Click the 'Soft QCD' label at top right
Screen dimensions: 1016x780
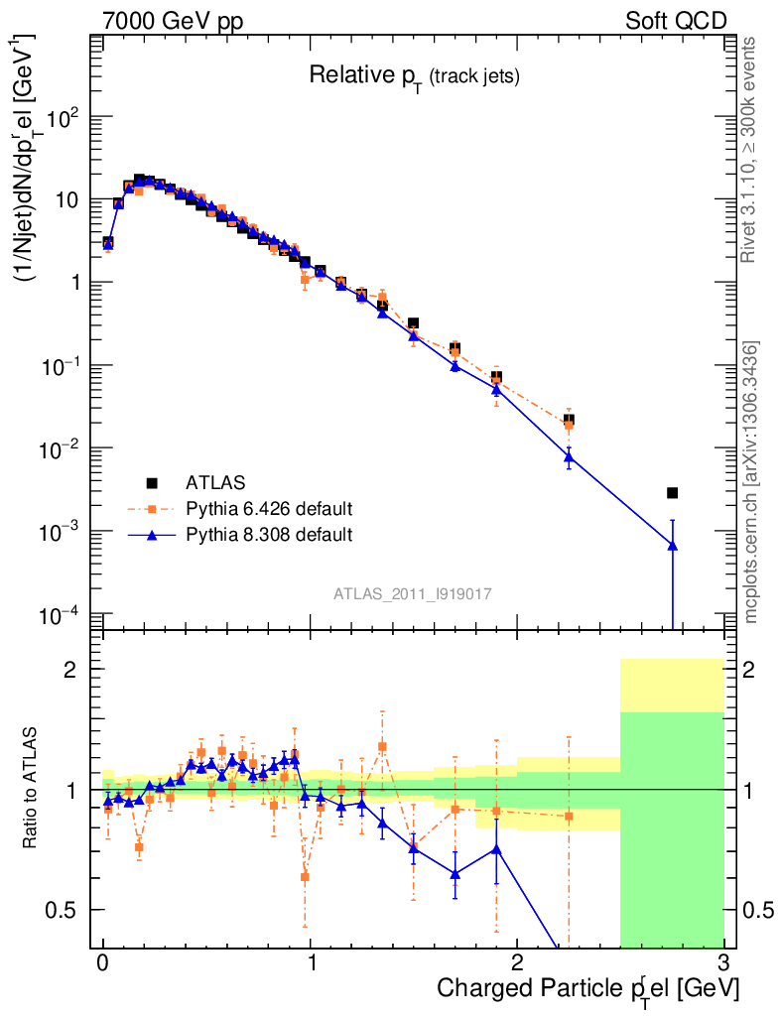pyautogui.click(x=676, y=21)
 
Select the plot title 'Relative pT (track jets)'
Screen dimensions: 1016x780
pyautogui.click(x=414, y=75)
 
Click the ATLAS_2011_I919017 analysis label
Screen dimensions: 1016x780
pyautogui.click(x=414, y=593)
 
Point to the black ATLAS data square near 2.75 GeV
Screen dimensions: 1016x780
pyautogui.click(x=672, y=493)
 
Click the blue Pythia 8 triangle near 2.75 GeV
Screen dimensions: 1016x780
pyautogui.click(x=672, y=545)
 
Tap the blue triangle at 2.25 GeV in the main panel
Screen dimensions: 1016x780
pyautogui.click(x=569, y=456)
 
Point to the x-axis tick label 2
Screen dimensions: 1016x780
pyautogui.click(x=517, y=963)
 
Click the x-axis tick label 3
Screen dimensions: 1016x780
pyautogui.click(x=723, y=963)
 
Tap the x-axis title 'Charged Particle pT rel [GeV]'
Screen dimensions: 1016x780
pyautogui.click(x=587, y=989)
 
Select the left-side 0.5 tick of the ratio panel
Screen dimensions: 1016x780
pyautogui.click(x=65, y=910)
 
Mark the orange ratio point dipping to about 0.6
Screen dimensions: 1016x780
pyautogui.click(x=305, y=877)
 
